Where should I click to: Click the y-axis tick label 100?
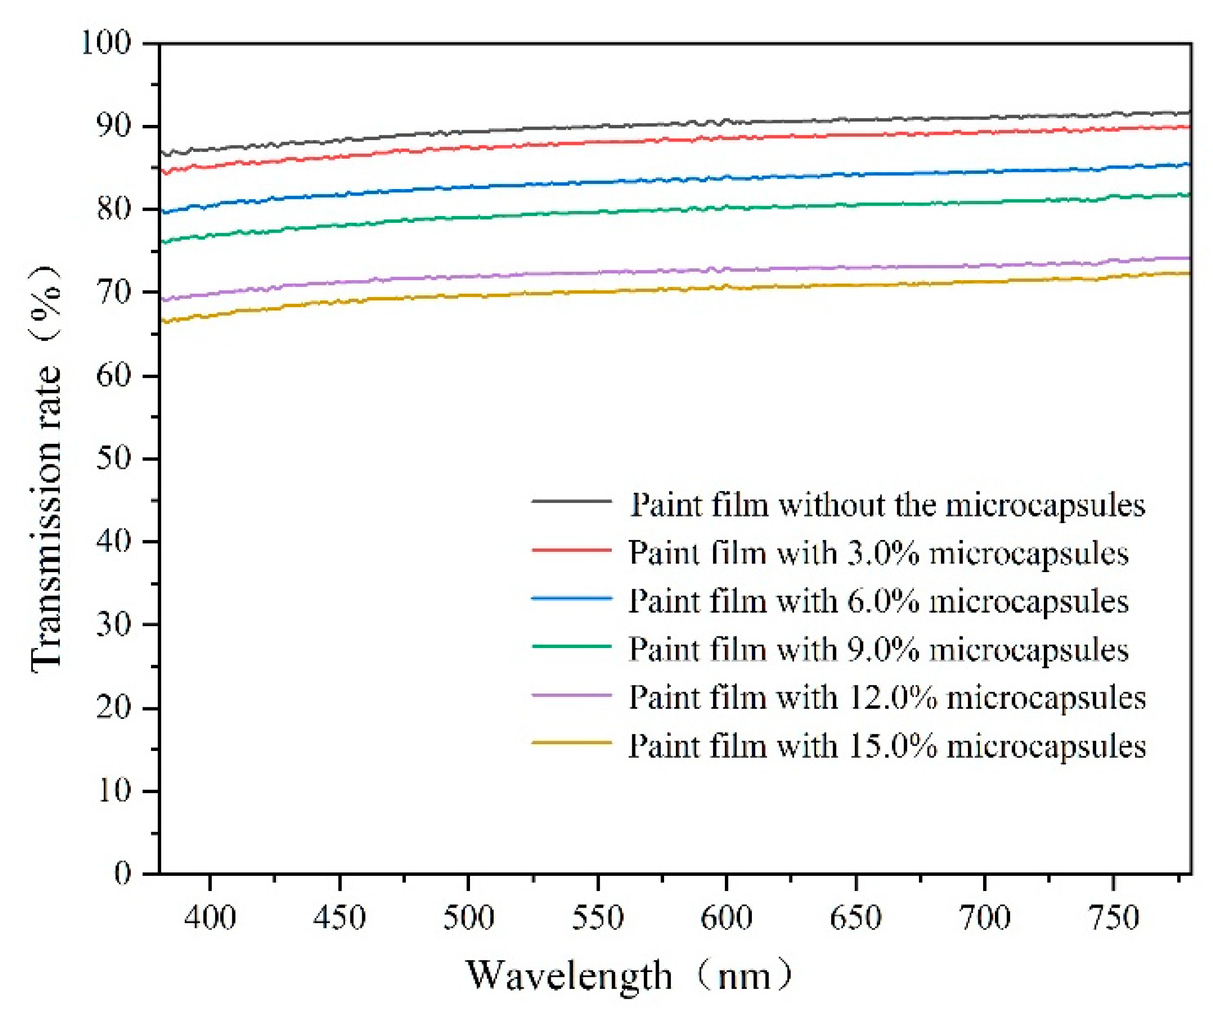[106, 43]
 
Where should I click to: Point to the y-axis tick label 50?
[113, 459]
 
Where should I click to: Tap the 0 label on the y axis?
[123, 873]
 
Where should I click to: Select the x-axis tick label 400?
[210, 917]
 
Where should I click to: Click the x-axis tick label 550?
[597, 917]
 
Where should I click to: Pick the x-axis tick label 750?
[1113, 917]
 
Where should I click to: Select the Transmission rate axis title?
[46, 468]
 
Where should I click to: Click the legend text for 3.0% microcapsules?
[878, 553]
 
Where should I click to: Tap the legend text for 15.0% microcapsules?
[887, 746]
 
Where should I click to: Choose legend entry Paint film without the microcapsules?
[887, 505]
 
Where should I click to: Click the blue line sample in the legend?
[571, 598]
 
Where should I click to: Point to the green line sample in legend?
[571, 646]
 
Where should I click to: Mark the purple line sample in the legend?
[571, 695]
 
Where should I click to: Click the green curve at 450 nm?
[339, 226]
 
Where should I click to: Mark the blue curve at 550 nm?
[597, 182]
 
